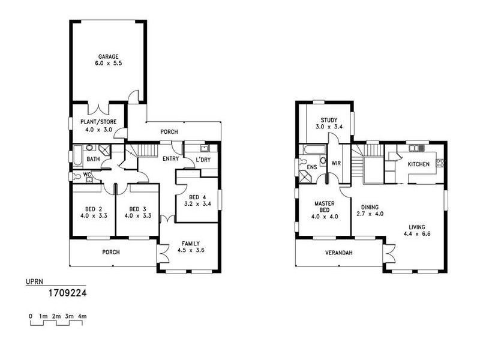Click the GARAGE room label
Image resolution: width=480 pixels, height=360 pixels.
(x=109, y=57)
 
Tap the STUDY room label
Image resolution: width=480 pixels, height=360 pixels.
(x=329, y=119)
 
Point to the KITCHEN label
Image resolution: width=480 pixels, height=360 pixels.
(x=418, y=164)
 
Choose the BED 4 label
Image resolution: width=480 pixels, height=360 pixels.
(x=197, y=197)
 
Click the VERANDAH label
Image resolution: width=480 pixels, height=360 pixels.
(x=340, y=253)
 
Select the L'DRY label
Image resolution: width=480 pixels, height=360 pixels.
(x=202, y=159)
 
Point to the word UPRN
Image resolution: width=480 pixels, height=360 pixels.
(x=34, y=281)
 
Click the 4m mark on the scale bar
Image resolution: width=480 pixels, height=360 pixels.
(x=82, y=316)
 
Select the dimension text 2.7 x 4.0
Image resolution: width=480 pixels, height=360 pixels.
(x=370, y=214)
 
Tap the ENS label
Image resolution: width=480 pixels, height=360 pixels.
(x=311, y=167)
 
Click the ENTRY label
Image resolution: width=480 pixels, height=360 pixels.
(x=172, y=159)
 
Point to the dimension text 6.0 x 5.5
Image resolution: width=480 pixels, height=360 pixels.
(x=109, y=64)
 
